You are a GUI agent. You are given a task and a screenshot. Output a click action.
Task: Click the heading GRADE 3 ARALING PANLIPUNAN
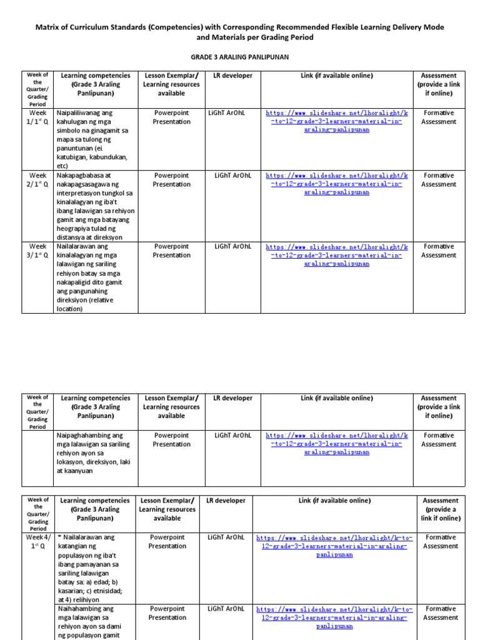pos(241,56)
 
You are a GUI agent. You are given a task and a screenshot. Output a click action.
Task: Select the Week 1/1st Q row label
pos(37,117)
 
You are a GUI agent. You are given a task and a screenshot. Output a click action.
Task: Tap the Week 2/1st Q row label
pos(37,180)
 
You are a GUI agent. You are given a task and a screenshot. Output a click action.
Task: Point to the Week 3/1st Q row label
pos(37,251)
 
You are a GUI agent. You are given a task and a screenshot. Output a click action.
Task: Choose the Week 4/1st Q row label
pos(37,541)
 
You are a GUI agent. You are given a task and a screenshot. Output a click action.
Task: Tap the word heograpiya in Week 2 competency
pos(74,229)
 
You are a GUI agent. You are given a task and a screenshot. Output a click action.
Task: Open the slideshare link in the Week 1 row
pos(337,122)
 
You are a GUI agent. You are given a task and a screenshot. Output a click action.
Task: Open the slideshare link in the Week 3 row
pos(337,255)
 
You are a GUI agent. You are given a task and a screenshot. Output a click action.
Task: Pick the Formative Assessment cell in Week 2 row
pos(438,180)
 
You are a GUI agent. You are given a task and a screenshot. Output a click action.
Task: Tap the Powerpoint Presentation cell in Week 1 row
pos(171,117)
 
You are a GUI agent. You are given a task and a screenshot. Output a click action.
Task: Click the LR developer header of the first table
pos(232,76)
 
